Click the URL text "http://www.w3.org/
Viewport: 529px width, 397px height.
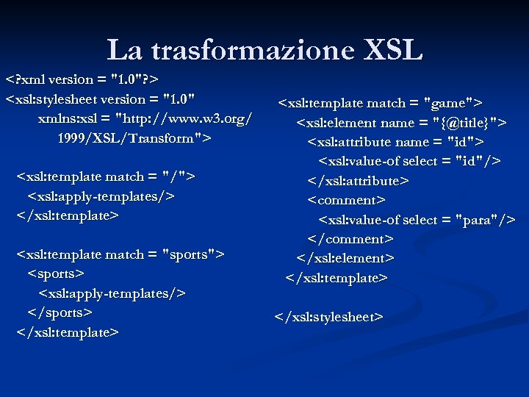(x=185, y=118)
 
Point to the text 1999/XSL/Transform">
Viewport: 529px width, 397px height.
(x=134, y=137)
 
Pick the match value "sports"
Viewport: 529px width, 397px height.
(x=192, y=254)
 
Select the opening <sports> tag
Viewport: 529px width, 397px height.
(x=56, y=273)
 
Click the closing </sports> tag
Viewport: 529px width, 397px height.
(x=60, y=312)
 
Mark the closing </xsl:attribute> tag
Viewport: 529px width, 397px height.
(x=358, y=180)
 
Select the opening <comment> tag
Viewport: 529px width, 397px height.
(x=346, y=200)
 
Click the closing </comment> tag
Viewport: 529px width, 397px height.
(x=350, y=239)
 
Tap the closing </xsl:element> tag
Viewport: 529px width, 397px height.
(x=345, y=258)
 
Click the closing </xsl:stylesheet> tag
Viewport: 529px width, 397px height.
(x=328, y=317)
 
